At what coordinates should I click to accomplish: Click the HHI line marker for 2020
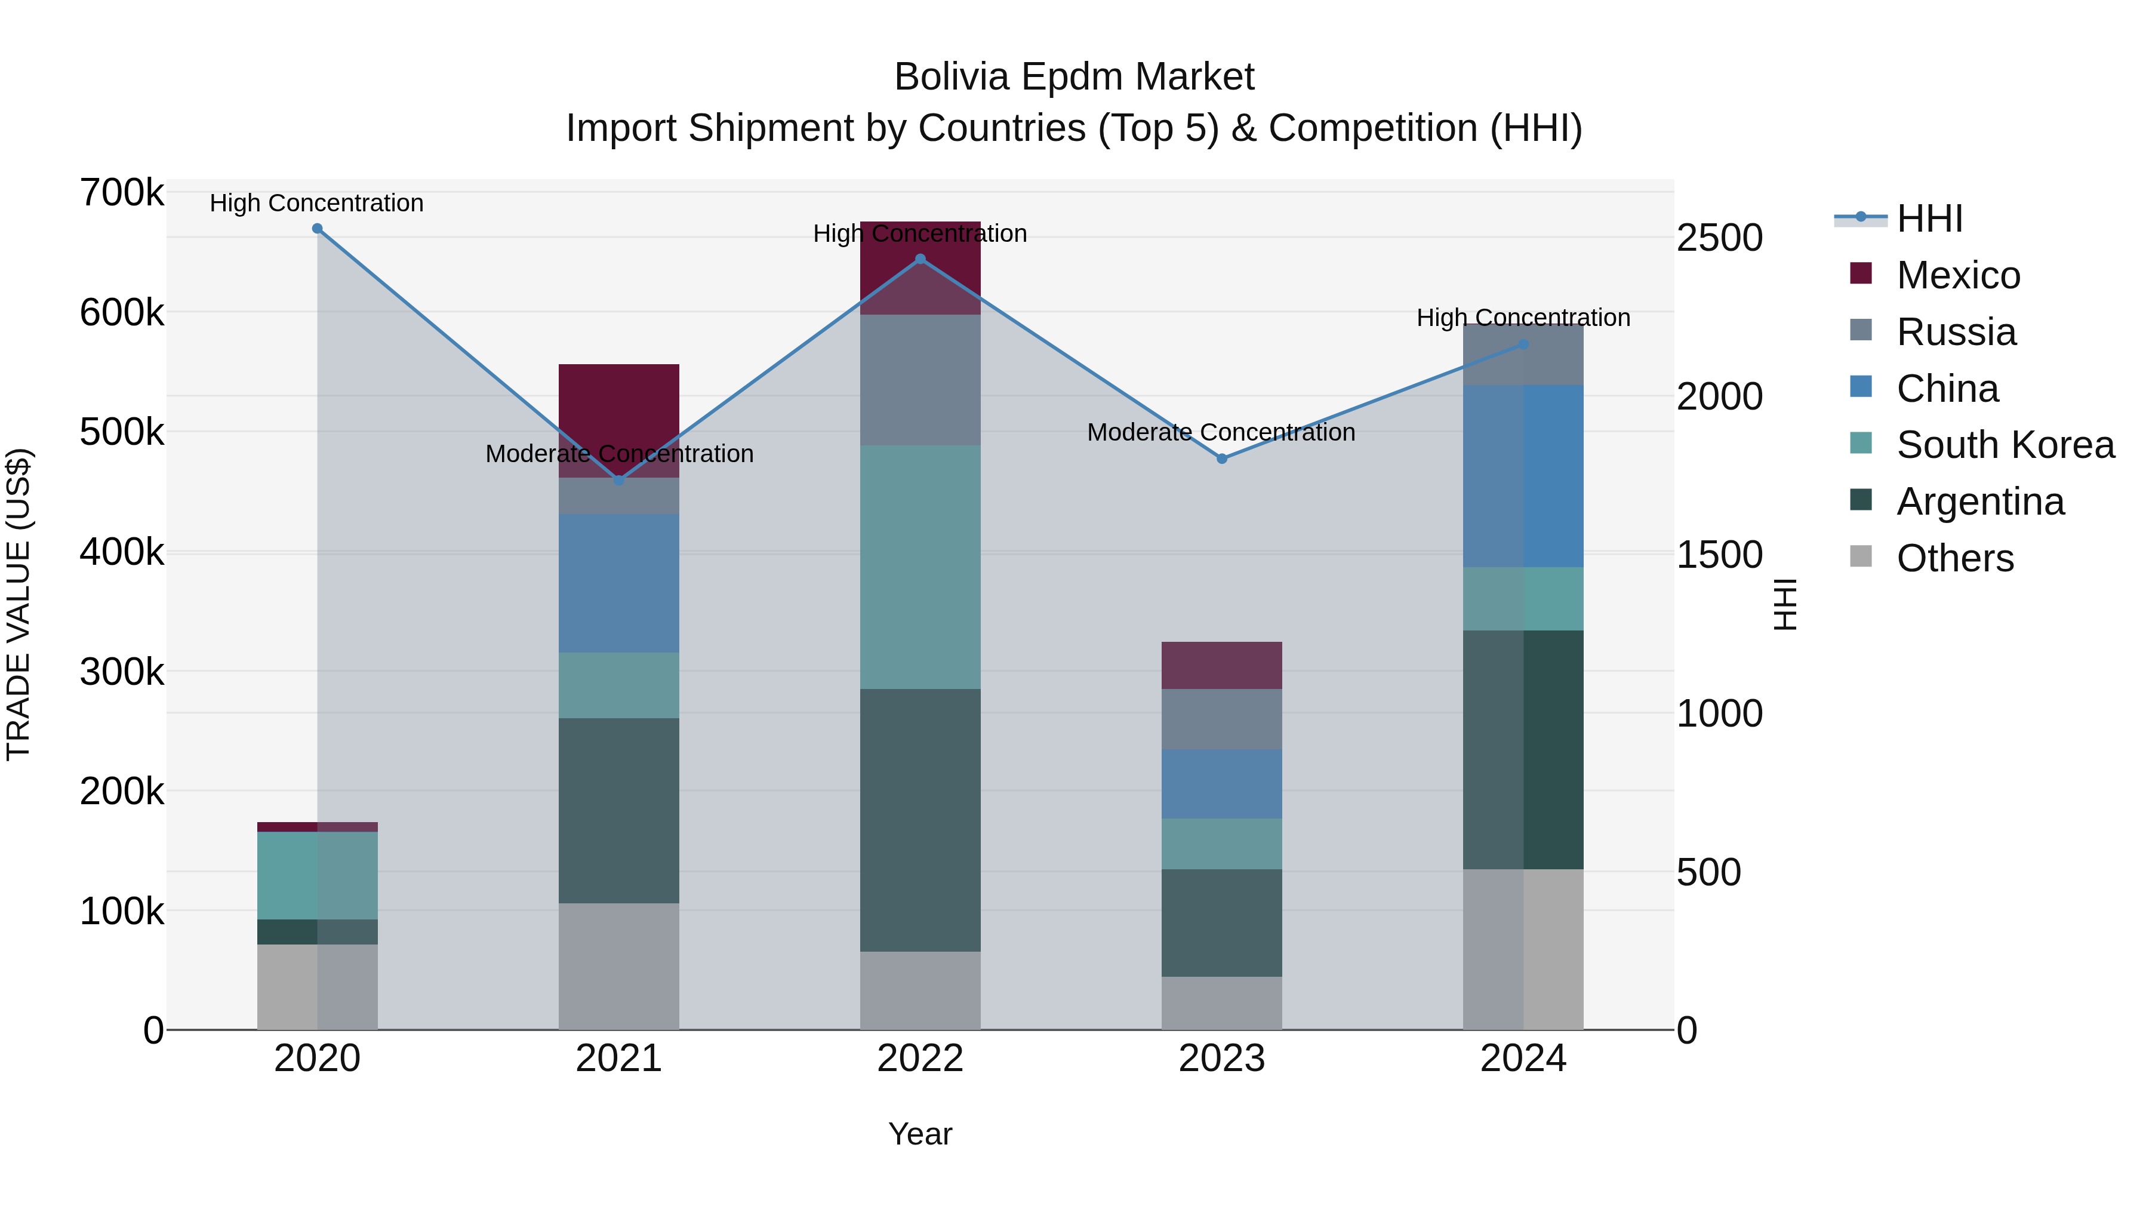coord(317,229)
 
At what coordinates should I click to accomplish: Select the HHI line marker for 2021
coord(619,481)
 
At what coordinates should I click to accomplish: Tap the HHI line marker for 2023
coord(1221,459)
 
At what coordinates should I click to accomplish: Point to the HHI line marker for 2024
coord(1523,344)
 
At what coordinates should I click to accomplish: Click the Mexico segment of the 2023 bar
coord(1221,665)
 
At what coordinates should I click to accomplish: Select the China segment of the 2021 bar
coord(619,583)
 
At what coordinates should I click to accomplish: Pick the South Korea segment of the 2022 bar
coord(920,567)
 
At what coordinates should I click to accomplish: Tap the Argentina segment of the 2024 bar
coord(1523,749)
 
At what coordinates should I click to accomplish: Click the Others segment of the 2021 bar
coord(619,965)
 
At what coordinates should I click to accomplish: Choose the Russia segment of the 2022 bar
coord(920,380)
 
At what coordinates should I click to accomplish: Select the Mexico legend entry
coord(1958,275)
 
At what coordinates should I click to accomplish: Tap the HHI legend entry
coord(1929,219)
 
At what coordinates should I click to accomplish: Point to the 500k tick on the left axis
coord(122,432)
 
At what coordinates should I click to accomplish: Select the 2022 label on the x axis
coord(920,1059)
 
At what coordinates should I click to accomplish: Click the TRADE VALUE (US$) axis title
coord(19,604)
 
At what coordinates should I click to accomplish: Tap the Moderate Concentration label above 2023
coord(1221,432)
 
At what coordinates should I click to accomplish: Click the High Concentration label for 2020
coord(317,203)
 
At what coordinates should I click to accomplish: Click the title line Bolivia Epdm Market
coord(1074,77)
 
